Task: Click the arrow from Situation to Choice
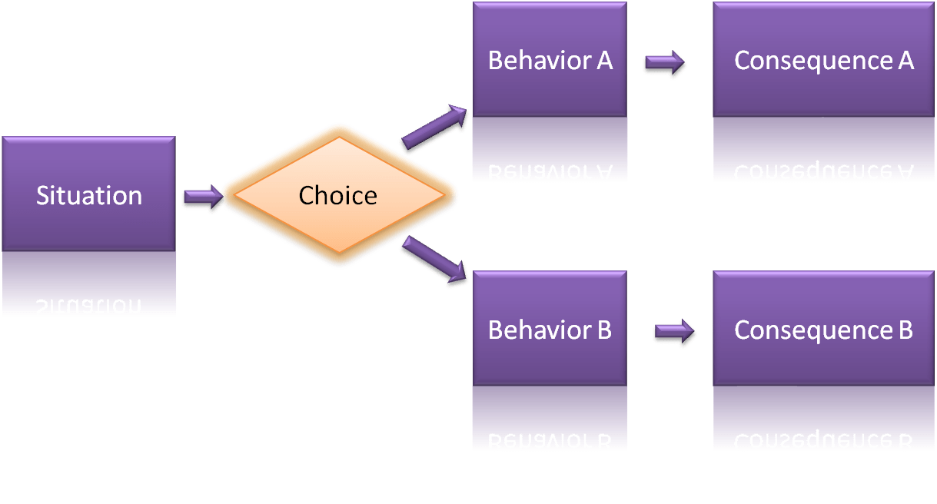click(x=202, y=198)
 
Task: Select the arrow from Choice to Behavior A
click(x=434, y=128)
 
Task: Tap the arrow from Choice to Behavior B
click(x=434, y=262)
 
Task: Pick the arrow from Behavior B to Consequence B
click(x=674, y=333)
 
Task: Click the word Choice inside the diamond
click(x=338, y=195)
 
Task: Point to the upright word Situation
click(x=88, y=195)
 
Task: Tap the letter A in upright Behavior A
click(x=603, y=61)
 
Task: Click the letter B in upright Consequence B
click(x=903, y=330)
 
